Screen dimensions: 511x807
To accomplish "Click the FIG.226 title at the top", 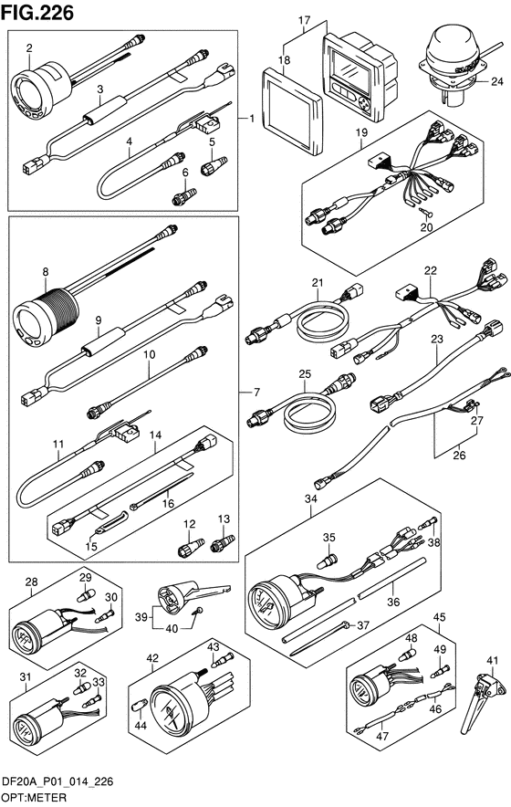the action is pos(37,12).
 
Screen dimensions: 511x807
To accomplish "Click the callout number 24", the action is pos(496,81).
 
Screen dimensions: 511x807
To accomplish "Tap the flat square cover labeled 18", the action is pos(292,110).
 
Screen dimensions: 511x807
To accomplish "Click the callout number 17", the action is pos(304,21).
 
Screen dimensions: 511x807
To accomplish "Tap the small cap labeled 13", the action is pos(223,543).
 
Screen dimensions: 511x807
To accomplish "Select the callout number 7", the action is pos(256,393).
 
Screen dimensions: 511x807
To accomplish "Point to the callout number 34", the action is pos(311,498).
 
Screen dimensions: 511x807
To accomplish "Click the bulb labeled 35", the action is pos(327,561).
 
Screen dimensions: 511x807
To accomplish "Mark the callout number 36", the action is pos(393,602).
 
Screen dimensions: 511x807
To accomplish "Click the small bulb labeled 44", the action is pos(138,707).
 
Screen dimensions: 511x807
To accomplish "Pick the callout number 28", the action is pos(31,582).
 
